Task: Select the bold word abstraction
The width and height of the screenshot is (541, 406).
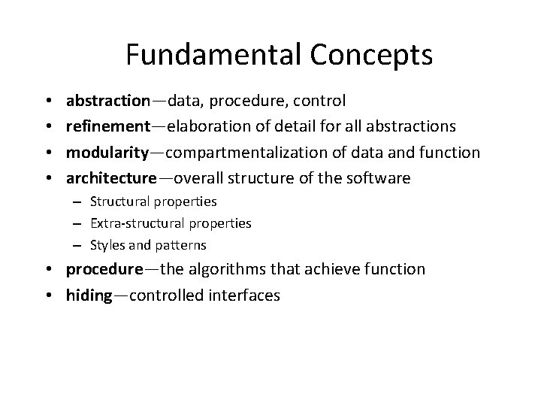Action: (108, 100)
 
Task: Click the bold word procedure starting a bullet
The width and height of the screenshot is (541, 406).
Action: (104, 269)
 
